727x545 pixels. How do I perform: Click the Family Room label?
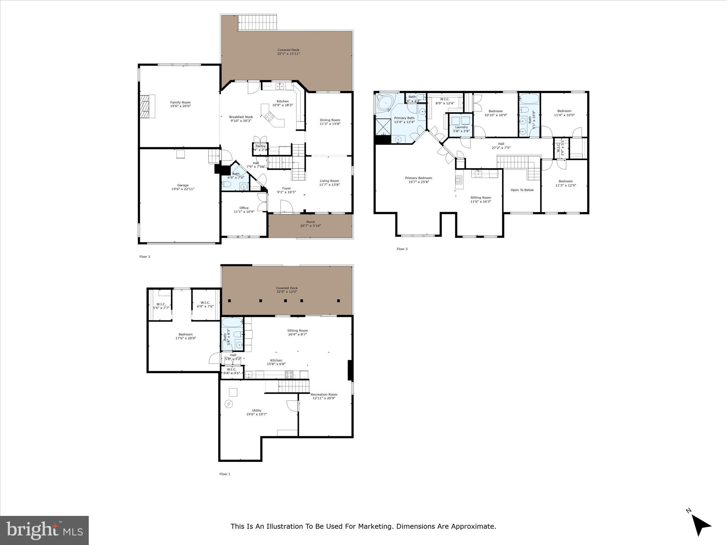[x=180, y=103]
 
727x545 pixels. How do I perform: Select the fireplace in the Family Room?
[x=147, y=106]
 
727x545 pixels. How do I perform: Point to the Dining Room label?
[x=330, y=120]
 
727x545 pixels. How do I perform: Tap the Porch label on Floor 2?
[x=311, y=222]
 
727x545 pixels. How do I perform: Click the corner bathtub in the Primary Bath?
[x=385, y=104]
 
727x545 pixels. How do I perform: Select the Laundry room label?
[x=461, y=127]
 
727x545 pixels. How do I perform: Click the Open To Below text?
[x=522, y=190]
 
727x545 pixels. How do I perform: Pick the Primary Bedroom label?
[x=419, y=178]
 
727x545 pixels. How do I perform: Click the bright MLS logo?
[x=44, y=530]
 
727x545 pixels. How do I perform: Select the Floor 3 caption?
[x=402, y=249]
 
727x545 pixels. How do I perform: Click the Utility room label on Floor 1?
[x=256, y=411]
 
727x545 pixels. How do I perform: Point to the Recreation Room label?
[x=324, y=395]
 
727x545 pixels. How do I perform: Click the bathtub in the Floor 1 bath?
[x=232, y=323]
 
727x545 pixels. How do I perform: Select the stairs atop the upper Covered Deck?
[x=257, y=23]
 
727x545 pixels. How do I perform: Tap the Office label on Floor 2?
[x=244, y=208]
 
